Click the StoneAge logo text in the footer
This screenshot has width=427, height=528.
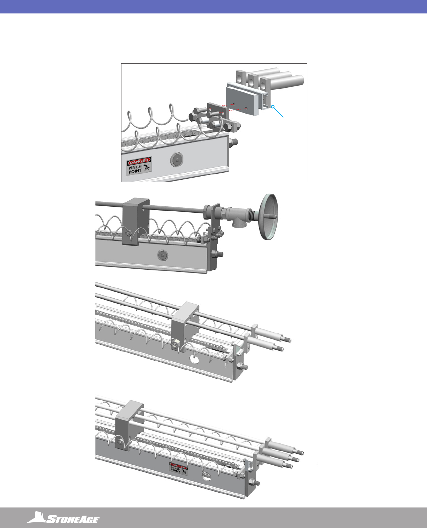click(73, 519)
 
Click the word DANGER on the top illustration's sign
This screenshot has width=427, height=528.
click(139, 161)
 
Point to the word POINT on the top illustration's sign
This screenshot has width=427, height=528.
click(135, 171)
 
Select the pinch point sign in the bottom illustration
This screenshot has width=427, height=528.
click(179, 469)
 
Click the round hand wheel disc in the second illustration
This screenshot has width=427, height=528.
click(268, 217)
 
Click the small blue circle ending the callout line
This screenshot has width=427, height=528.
click(273, 107)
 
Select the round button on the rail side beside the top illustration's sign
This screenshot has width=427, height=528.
click(177, 159)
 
